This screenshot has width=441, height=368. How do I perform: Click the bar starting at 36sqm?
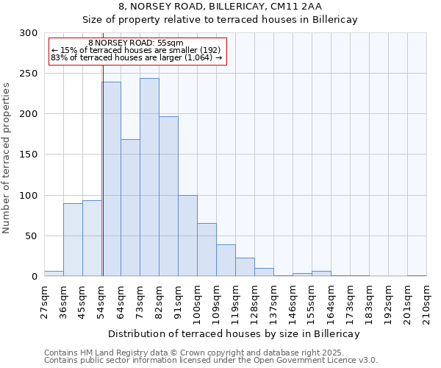(73, 239)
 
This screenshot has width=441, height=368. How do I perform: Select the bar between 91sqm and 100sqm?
(187, 236)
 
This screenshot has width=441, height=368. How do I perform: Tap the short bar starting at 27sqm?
(54, 274)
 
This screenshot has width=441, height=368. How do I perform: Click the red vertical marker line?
(103, 147)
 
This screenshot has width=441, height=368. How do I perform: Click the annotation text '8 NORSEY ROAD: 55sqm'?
(136, 43)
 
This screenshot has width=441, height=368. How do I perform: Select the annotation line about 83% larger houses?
(136, 57)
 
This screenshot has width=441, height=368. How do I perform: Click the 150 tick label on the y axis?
(29, 155)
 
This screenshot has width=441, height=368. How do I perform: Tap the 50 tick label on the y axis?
(32, 236)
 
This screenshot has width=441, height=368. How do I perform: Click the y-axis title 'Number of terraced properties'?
(7, 158)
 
